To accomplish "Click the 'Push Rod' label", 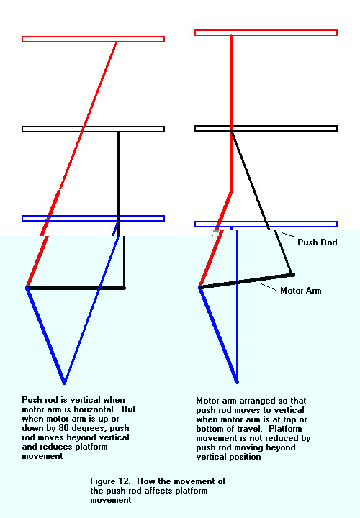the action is click(x=318, y=242).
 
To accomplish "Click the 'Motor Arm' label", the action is click(x=300, y=291).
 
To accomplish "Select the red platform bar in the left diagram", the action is click(x=93, y=40).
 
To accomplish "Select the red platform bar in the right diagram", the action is click(x=266, y=32).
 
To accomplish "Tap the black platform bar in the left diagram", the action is click(x=93, y=129).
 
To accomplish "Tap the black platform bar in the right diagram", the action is click(x=266, y=129).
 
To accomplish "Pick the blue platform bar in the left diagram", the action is click(x=93, y=219).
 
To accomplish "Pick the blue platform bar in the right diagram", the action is click(x=266, y=224).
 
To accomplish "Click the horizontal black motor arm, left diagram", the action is click(x=76, y=288).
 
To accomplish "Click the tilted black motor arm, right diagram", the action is click(x=247, y=281).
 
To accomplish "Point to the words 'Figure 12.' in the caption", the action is click(x=110, y=481).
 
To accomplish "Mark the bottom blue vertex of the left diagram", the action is click(x=65, y=383).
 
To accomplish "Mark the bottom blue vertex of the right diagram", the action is click(x=237, y=383).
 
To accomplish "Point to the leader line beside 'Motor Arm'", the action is click(x=268, y=287).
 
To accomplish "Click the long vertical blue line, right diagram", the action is click(x=237, y=306).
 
